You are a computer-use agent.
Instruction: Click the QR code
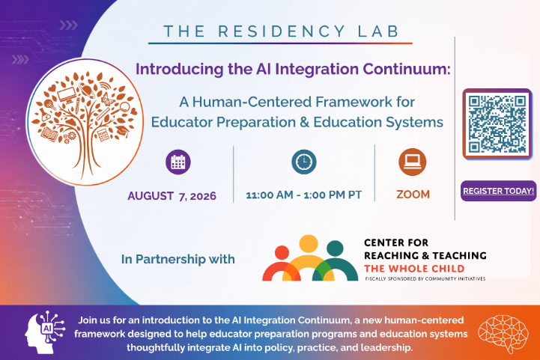pos(497,124)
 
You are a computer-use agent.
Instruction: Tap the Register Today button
pos(498,191)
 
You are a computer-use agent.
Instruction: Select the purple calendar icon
pos(178,162)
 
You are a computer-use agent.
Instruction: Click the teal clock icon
pos(304,162)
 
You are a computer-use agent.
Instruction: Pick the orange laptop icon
pos(412,162)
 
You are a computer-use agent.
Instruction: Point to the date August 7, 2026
pos(172,196)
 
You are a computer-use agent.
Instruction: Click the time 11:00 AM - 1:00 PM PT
pos(304,195)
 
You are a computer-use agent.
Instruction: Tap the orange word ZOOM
pos(413,195)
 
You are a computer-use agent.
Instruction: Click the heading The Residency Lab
pos(281,31)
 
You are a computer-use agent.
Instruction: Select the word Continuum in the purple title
pos(406,69)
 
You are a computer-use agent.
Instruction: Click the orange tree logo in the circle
pos(85,122)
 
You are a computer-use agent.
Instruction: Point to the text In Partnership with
pos(178,259)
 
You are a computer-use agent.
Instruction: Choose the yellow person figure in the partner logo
pos(309,258)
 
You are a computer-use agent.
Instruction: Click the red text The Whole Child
pos(414,269)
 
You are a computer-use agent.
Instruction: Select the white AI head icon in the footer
pos(45,332)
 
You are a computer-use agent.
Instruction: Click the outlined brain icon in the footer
pos(503,334)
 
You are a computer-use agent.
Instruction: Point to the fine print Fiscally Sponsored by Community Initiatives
pos(425,278)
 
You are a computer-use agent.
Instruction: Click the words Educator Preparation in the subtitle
pos(223,122)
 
